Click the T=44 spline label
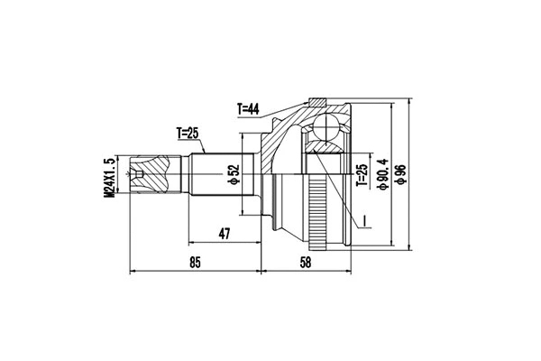248,110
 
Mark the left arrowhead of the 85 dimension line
133,269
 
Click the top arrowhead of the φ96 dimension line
411,102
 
